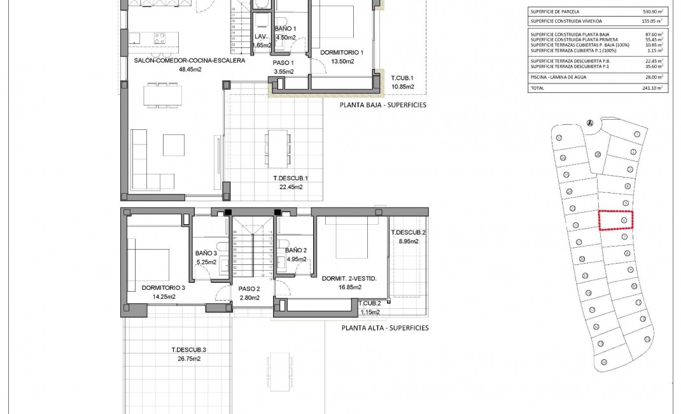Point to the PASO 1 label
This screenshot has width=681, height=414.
pos(283,63)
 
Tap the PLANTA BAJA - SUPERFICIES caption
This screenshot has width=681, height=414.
pos(383,105)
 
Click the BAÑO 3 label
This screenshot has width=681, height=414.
pos(206,253)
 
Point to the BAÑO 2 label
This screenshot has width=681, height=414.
pos(297,250)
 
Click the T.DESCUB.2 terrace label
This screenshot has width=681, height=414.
pos(408,232)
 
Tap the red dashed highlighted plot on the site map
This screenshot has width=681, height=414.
pos(616,220)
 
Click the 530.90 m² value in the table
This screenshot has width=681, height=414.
pos(652,11)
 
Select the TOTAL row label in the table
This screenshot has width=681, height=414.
pos(538,88)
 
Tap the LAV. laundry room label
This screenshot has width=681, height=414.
pos(261,38)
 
